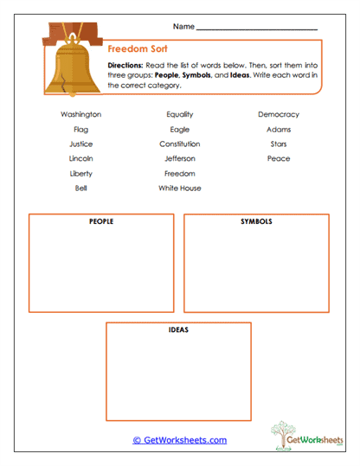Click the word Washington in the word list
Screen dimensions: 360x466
click(80, 114)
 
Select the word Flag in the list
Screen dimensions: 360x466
click(80, 129)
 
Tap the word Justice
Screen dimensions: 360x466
click(80, 144)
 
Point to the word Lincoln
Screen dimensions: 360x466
click(80, 158)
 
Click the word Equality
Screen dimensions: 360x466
click(179, 114)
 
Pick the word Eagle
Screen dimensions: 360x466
click(179, 129)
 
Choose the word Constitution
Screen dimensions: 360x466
click(179, 144)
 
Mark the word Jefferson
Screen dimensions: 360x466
click(179, 158)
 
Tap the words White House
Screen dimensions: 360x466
click(179, 188)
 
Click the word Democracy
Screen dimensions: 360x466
click(278, 114)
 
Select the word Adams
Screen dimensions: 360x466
click(278, 129)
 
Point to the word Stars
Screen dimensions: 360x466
click(278, 144)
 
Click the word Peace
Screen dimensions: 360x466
click(278, 158)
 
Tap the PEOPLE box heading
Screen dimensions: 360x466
click(101, 222)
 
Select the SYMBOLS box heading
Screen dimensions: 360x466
click(256, 222)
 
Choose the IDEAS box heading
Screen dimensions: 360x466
click(178, 330)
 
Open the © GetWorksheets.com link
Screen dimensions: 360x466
click(179, 440)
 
